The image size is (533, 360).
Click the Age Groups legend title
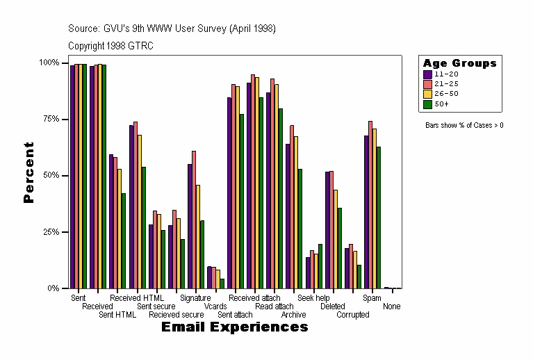(459, 63)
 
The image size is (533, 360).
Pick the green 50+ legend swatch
(427, 104)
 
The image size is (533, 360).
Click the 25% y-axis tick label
(49, 231)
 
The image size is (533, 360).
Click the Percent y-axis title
(28, 172)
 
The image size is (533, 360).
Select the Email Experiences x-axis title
(234, 327)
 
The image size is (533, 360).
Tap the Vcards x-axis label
(215, 306)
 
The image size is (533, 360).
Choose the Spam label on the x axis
(372, 298)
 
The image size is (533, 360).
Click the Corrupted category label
(353, 314)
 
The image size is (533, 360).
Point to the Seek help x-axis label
(313, 298)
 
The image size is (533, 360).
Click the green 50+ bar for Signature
(202, 254)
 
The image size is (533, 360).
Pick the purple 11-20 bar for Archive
(288, 215)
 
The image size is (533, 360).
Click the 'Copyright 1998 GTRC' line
(110, 46)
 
